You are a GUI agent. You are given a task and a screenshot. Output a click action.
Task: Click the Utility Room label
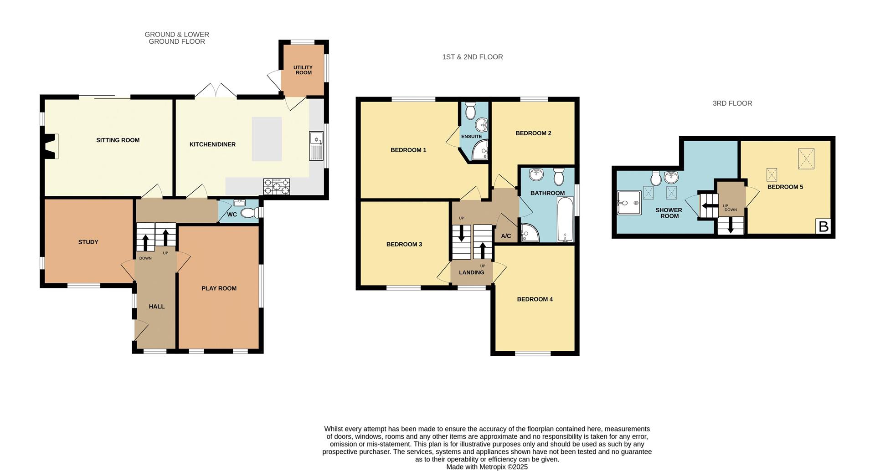point(303,70)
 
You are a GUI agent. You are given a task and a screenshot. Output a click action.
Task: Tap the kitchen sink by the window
point(316,146)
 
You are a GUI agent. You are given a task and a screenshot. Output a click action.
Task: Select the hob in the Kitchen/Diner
point(276,186)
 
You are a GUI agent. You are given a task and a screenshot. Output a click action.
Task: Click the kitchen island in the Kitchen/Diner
point(267,139)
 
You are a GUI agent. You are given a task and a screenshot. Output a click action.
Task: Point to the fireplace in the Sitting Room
point(51,146)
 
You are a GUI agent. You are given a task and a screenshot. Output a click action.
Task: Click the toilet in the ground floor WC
point(249,213)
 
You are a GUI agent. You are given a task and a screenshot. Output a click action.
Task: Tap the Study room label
point(88,242)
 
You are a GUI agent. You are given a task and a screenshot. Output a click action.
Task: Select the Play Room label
point(219,288)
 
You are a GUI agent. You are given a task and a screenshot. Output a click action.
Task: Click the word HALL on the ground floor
point(156,307)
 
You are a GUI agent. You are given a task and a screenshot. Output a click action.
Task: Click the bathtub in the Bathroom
point(565,219)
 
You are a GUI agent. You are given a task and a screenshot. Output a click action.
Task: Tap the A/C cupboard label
point(506,236)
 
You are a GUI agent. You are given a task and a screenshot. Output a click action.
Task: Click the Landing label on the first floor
point(471,272)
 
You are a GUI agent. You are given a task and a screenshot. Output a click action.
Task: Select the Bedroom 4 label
point(535,299)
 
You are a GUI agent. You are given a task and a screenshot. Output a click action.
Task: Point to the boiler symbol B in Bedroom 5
point(823,226)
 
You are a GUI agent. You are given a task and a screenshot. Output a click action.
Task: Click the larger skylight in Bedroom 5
point(806,159)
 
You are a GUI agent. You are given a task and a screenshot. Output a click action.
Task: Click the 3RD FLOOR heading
point(732,103)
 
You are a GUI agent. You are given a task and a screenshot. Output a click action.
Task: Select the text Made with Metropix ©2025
point(487,467)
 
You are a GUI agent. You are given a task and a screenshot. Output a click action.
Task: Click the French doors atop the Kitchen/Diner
point(216,91)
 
